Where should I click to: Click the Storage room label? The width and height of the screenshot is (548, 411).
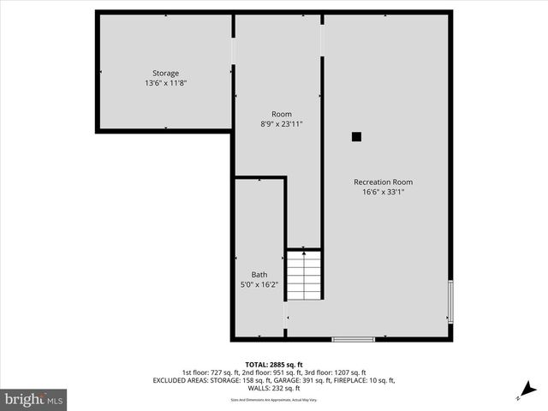(x=165, y=73)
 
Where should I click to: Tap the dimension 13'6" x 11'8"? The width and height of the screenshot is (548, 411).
(x=165, y=83)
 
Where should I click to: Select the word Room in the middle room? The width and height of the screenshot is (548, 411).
(x=281, y=114)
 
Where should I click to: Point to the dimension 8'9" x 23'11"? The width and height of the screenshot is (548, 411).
(x=281, y=124)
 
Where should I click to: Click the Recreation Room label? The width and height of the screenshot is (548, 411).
(x=383, y=182)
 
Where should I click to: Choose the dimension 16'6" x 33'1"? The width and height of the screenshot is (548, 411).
(x=383, y=192)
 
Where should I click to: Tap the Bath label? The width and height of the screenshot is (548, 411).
(x=259, y=274)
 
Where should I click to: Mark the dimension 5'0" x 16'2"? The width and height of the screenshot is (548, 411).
(x=259, y=284)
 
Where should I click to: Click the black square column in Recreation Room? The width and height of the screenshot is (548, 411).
(x=357, y=136)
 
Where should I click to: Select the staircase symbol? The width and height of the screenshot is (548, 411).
(x=303, y=274)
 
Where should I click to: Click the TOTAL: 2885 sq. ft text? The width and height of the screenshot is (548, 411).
(x=273, y=365)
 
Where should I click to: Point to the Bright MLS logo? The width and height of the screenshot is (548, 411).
(x=33, y=399)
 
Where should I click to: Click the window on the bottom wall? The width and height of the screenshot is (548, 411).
(x=353, y=339)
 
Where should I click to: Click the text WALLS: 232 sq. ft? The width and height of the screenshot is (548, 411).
(x=273, y=388)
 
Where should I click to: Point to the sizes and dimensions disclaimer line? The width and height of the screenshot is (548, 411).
(x=273, y=400)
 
